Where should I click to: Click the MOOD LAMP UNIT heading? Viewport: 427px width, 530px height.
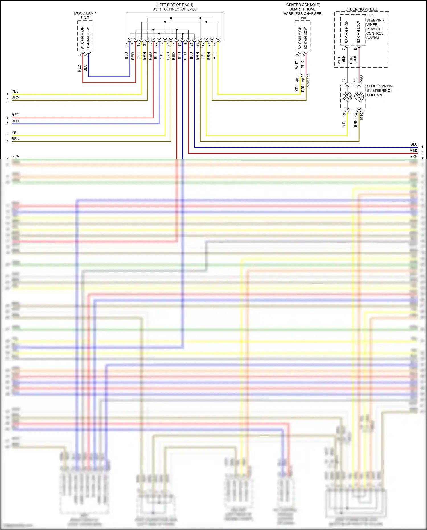(x=85, y=15)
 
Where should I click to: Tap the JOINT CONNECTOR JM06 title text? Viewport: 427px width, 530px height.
(x=175, y=9)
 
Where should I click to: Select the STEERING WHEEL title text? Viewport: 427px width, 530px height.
(x=362, y=9)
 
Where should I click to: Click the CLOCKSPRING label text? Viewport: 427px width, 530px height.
(x=379, y=86)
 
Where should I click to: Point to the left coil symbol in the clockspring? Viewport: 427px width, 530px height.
(x=347, y=96)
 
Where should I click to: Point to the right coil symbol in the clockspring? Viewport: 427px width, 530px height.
(x=359, y=96)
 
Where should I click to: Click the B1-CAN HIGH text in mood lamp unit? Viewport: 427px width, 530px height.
(x=83, y=38)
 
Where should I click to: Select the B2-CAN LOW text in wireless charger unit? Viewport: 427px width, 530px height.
(x=306, y=38)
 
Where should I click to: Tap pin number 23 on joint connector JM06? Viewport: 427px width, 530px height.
(x=127, y=45)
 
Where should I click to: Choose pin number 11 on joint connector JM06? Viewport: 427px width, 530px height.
(x=215, y=44)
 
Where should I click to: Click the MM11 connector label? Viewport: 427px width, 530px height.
(x=308, y=82)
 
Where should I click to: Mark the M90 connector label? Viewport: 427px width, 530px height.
(x=361, y=79)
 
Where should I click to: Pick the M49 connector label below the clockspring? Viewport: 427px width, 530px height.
(x=361, y=116)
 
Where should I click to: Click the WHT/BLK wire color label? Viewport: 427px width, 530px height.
(x=341, y=60)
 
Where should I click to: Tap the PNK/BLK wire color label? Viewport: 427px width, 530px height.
(x=353, y=59)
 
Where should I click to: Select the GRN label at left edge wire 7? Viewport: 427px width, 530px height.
(x=15, y=156)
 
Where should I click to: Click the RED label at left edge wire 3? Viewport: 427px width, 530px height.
(x=15, y=115)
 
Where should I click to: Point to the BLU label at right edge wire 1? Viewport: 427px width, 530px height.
(x=414, y=144)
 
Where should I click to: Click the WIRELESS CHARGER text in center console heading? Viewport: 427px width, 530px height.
(x=303, y=14)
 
